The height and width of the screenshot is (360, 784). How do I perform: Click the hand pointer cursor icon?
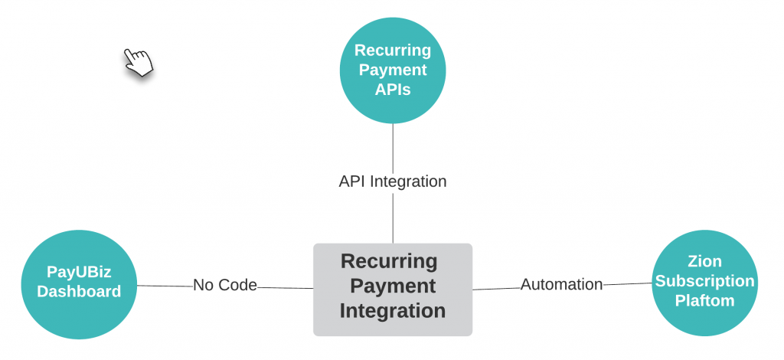[138, 61]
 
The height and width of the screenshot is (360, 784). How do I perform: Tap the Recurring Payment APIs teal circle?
[393, 70]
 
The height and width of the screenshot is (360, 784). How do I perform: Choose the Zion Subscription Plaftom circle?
[704, 282]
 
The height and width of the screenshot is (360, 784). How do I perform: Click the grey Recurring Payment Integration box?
[393, 289]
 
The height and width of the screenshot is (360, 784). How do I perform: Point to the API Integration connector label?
[393, 182]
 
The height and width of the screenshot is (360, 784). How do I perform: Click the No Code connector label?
[225, 285]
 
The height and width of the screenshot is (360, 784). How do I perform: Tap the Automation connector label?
[561, 284]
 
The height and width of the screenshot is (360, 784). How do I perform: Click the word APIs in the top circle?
[393, 90]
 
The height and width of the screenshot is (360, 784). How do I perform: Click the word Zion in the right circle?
[704, 262]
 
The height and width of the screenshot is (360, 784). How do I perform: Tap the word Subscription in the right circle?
[704, 281]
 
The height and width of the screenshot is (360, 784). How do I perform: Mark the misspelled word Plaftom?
[704, 301]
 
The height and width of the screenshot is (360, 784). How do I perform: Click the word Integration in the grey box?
[393, 311]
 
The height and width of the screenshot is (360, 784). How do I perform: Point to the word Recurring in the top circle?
[393, 51]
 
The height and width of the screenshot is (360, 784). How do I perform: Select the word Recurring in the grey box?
[389, 261]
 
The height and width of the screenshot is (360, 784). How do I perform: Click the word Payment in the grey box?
[393, 286]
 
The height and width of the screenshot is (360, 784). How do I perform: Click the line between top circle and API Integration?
[393, 147]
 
